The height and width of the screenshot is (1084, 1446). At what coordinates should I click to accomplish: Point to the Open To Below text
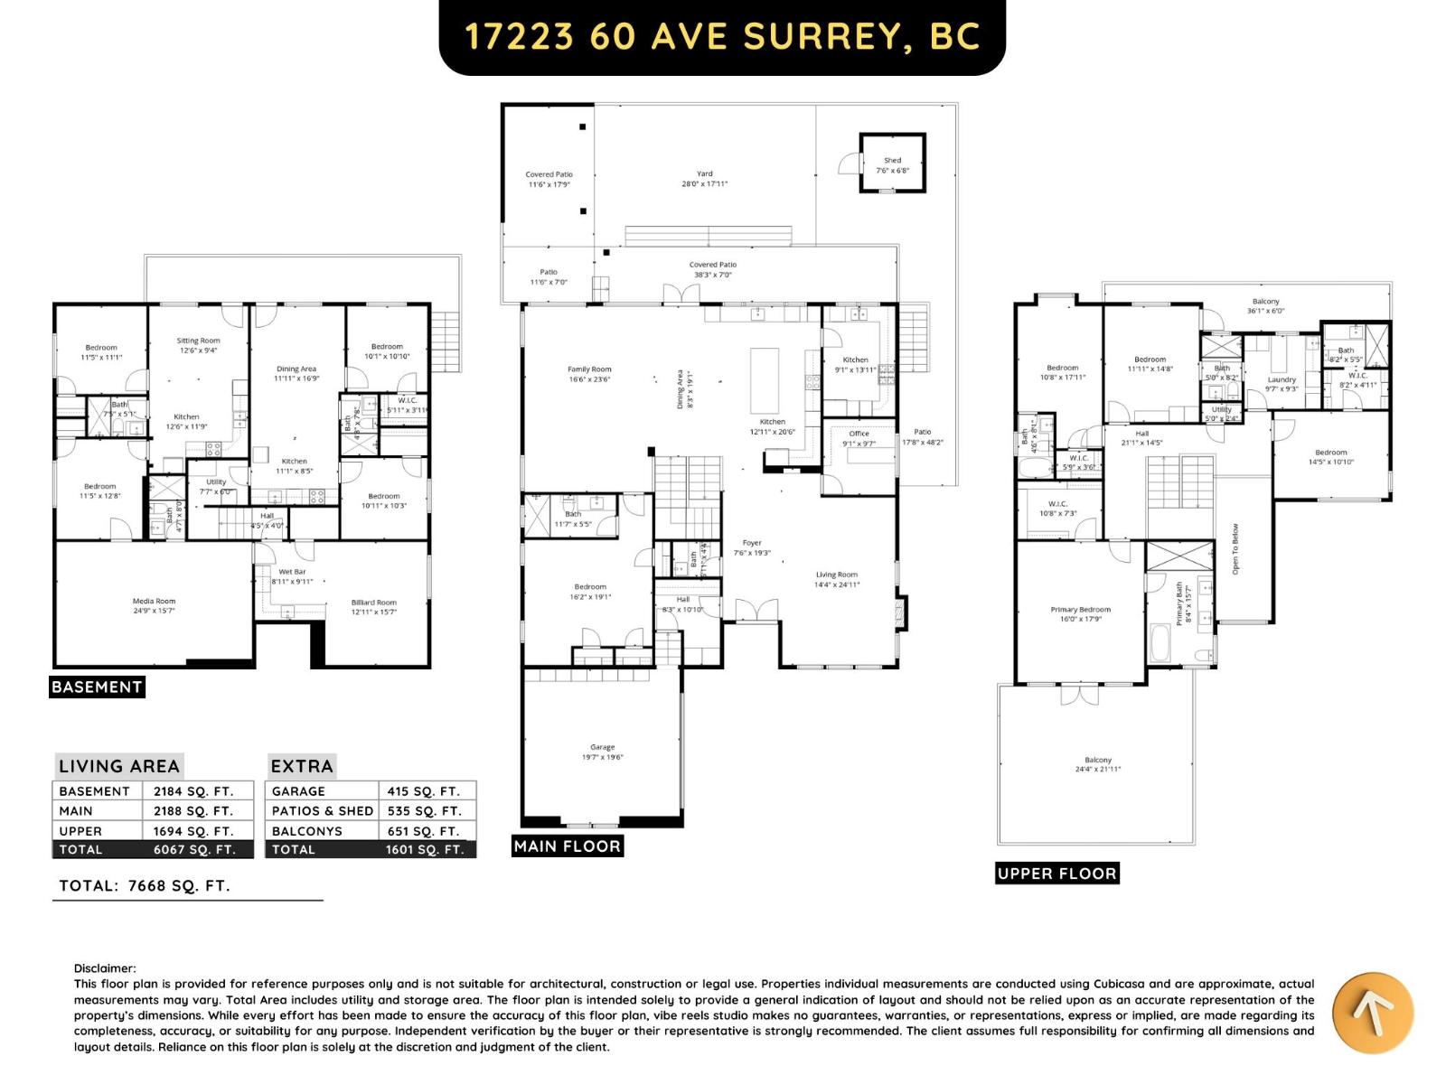[1235, 549]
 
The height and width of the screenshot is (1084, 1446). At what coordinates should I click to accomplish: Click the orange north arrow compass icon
[1373, 1013]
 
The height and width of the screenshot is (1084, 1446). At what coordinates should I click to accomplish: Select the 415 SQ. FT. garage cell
[423, 791]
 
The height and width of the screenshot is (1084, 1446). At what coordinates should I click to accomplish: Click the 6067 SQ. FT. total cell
[193, 850]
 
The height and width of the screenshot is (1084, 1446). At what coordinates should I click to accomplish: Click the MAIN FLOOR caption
[567, 846]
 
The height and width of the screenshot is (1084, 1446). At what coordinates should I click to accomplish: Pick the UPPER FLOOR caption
[1056, 874]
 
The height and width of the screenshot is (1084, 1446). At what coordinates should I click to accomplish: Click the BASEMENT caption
[97, 687]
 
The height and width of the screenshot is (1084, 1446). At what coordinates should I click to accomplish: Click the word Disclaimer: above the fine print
[105, 968]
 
